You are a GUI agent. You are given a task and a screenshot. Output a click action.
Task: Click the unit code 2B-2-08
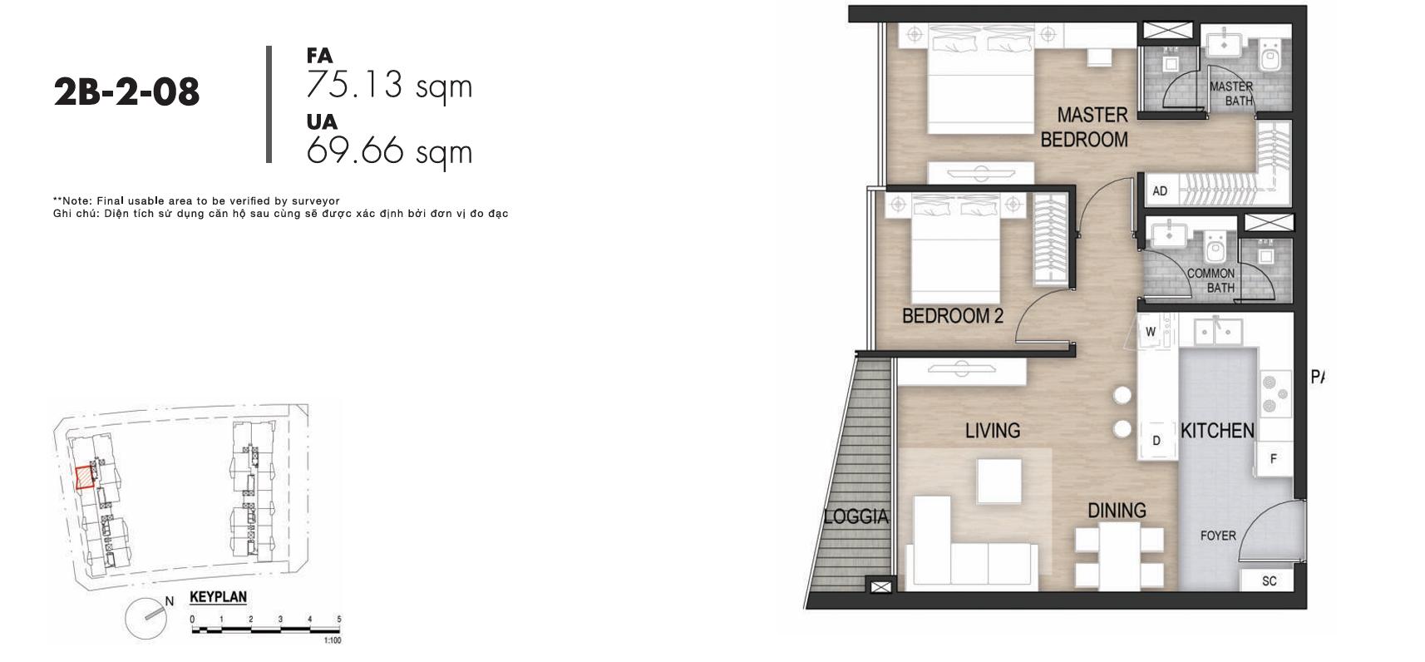(x=126, y=92)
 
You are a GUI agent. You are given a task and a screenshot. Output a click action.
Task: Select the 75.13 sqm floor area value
(x=389, y=86)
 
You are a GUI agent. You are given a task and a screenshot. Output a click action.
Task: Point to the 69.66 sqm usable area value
(x=389, y=151)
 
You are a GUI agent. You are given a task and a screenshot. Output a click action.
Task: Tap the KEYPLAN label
(x=218, y=597)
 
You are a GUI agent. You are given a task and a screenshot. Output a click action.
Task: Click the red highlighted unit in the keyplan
(x=85, y=477)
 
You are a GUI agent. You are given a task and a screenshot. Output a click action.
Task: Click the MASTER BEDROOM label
(x=1085, y=127)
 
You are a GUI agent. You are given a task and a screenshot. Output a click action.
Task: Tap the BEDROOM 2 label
(x=952, y=316)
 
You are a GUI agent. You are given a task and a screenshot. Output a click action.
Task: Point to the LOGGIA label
(x=855, y=516)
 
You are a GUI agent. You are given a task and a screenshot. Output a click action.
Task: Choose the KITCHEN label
(x=1218, y=431)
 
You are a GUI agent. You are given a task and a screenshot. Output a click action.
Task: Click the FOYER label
(x=1218, y=536)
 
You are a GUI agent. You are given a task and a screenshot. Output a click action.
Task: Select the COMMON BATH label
(x=1211, y=281)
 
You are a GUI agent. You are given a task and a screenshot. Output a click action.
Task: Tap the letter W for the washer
(x=1150, y=332)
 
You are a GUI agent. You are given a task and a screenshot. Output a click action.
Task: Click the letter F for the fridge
(x=1274, y=458)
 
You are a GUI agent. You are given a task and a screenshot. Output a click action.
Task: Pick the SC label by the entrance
(x=1270, y=581)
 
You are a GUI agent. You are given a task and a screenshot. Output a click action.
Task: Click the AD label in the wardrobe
(x=1160, y=191)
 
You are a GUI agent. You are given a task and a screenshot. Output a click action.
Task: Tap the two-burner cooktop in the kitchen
(x=1276, y=395)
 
